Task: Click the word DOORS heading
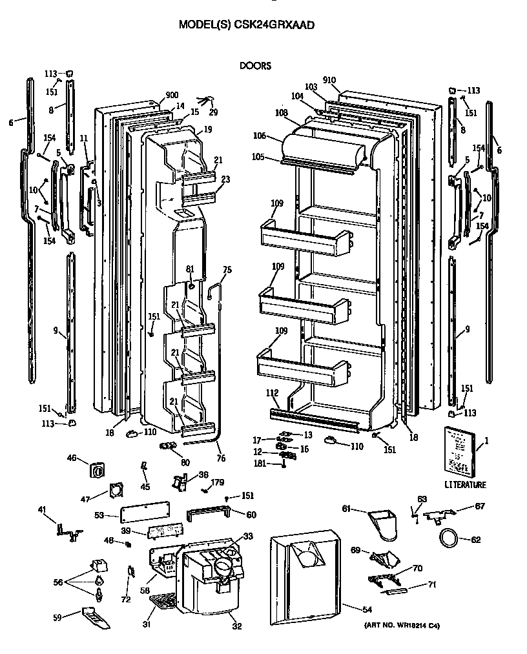(x=254, y=65)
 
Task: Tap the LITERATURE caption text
(x=465, y=485)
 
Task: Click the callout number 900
(x=171, y=96)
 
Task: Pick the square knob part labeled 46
(x=98, y=469)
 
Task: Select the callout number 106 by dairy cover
(x=259, y=136)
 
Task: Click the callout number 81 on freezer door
(x=190, y=269)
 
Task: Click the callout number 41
(x=42, y=511)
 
